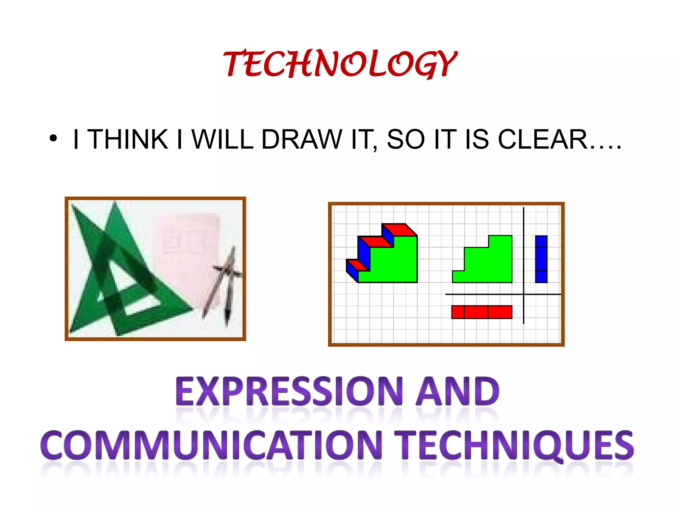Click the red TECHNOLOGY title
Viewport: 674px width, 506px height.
(x=340, y=64)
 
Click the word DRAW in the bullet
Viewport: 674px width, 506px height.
(x=301, y=139)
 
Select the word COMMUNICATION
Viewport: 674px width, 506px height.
(x=211, y=445)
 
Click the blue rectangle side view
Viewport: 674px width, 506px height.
(x=541, y=259)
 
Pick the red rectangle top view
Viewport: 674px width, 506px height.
(x=481, y=312)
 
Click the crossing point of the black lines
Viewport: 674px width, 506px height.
(x=523, y=294)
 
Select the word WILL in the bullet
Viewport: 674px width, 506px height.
(x=222, y=139)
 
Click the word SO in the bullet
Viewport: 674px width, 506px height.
(x=405, y=139)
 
